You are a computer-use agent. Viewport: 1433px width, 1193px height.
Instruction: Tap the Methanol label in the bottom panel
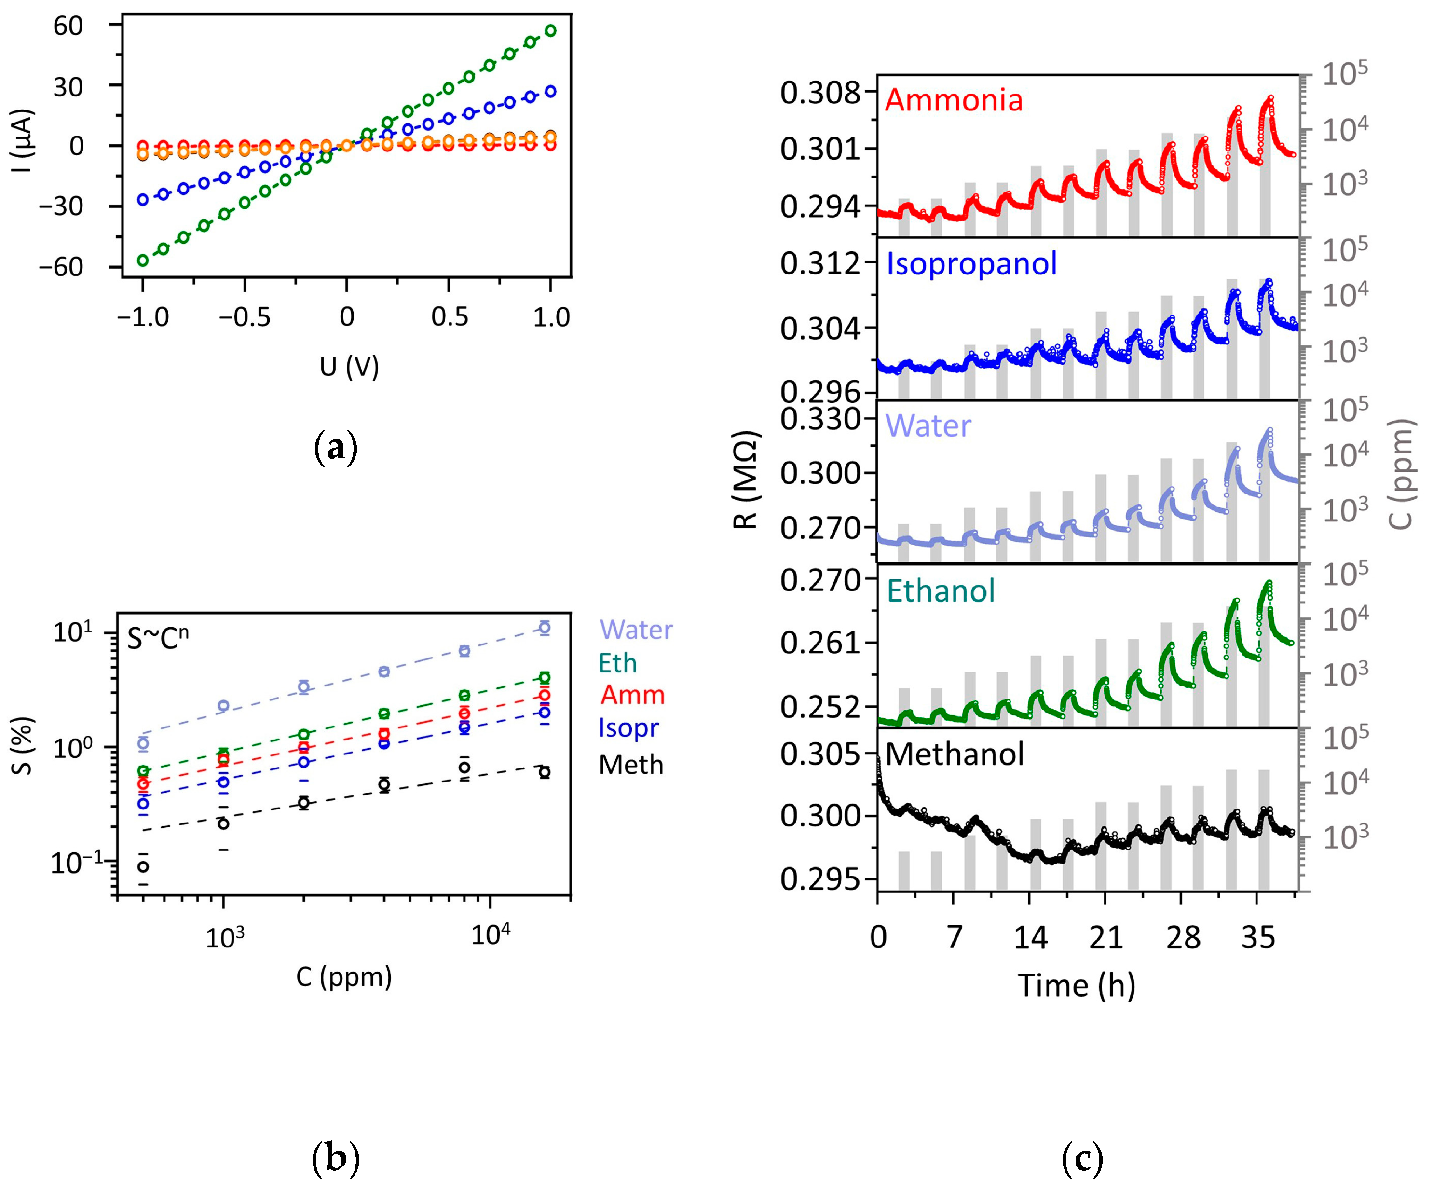point(954,754)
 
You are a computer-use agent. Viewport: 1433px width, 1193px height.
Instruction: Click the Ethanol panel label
point(941,590)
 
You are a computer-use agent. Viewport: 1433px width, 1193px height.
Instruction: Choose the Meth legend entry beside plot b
point(630,765)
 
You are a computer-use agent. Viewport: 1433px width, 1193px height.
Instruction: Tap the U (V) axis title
point(349,367)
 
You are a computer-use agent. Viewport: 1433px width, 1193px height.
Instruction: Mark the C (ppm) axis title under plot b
point(343,977)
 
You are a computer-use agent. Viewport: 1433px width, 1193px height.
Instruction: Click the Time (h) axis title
point(1076,986)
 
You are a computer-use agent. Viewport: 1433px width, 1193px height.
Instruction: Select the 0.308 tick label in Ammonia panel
point(820,92)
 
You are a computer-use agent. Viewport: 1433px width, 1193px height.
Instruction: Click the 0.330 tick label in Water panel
point(820,418)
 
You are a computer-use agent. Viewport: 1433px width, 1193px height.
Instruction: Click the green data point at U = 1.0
point(550,30)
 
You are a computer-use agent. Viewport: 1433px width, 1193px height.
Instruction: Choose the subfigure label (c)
point(1081,1158)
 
